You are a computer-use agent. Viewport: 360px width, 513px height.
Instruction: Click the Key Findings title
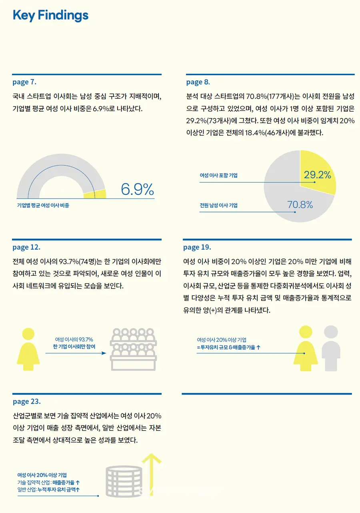pyautogui.click(x=50, y=16)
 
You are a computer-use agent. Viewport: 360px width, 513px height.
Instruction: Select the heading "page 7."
pyautogui.click(x=24, y=82)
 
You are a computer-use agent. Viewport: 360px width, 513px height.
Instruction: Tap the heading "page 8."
pyautogui.click(x=198, y=82)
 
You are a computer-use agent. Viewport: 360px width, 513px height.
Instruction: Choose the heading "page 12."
pyautogui.click(x=26, y=248)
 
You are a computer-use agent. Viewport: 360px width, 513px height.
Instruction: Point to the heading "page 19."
pyautogui.click(x=197, y=248)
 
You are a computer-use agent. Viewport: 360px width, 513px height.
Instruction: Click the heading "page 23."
pyautogui.click(x=26, y=401)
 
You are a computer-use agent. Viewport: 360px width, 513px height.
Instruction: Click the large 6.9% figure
pyautogui.click(x=137, y=190)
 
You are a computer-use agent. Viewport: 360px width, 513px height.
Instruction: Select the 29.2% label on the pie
pyautogui.click(x=317, y=175)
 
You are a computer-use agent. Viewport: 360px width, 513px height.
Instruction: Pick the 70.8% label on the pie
pyautogui.click(x=300, y=205)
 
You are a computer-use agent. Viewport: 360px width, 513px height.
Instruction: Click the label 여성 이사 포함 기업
pyautogui.click(x=218, y=175)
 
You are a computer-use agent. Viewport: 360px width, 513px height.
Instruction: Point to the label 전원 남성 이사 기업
pyautogui.click(x=218, y=205)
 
